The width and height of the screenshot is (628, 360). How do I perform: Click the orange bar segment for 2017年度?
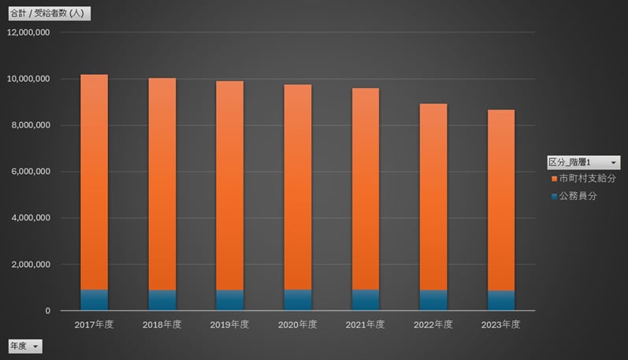pos(95,181)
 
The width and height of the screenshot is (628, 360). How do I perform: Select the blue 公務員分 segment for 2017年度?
pos(95,300)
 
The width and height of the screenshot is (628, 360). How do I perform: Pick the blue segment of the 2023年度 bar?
pos(501,301)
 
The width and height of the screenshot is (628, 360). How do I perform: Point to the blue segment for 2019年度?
pos(230,300)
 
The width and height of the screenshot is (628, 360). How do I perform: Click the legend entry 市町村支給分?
pos(587,179)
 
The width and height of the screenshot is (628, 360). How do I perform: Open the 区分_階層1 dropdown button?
pos(614,162)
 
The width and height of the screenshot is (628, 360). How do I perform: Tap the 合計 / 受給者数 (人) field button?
pos(50,13)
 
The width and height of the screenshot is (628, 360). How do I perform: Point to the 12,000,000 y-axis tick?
pos(28,32)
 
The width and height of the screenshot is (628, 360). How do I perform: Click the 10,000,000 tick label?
pos(28,79)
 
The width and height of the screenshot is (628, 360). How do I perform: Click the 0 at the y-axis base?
pos(48,311)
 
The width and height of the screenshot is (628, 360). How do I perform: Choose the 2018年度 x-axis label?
pos(162,325)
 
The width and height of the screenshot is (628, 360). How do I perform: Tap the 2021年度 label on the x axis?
pos(366,325)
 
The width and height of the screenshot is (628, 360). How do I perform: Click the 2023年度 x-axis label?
pos(501,325)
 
